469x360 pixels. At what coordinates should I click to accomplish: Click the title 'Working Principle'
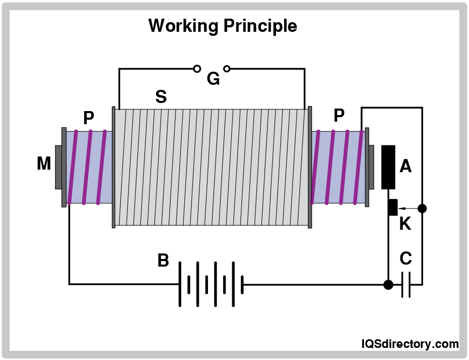(x=223, y=25)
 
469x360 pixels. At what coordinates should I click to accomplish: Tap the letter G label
(x=213, y=79)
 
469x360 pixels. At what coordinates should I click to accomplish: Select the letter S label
(x=161, y=96)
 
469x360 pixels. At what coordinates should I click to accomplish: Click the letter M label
(x=44, y=163)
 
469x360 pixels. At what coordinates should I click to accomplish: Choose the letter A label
(x=405, y=166)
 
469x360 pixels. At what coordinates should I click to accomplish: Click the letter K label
(x=405, y=224)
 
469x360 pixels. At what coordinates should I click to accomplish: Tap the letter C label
(x=405, y=259)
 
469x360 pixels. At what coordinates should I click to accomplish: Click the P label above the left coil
(x=89, y=118)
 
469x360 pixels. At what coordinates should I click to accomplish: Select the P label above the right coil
(x=339, y=116)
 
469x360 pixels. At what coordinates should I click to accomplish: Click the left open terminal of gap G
(x=197, y=68)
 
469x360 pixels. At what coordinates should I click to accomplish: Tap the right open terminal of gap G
(x=227, y=68)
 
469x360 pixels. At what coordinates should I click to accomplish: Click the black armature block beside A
(x=388, y=167)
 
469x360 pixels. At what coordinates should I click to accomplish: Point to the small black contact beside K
(x=393, y=207)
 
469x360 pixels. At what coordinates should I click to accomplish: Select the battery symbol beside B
(x=212, y=284)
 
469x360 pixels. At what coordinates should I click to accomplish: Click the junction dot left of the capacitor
(x=388, y=284)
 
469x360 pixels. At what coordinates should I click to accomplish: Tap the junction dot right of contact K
(x=423, y=208)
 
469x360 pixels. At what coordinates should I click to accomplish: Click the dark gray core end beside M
(x=58, y=167)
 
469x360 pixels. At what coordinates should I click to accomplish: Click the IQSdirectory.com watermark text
(x=410, y=344)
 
